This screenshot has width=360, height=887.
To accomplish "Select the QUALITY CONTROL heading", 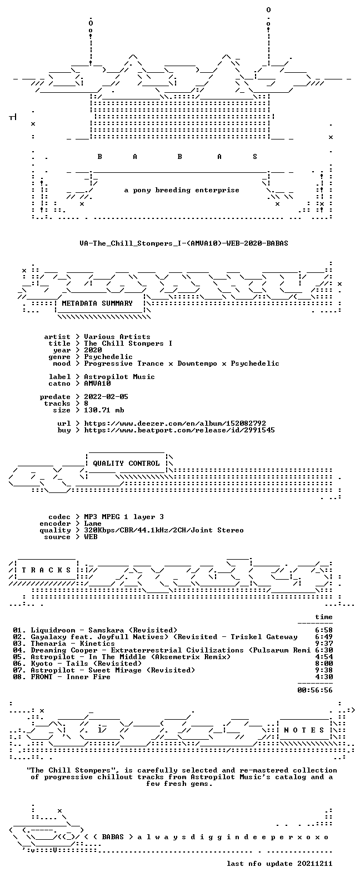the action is (x=126, y=464).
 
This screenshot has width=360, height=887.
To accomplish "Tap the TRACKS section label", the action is (x=46, y=570).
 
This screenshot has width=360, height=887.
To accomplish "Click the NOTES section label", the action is (x=304, y=730).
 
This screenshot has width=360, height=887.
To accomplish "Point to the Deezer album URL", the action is (x=175, y=423).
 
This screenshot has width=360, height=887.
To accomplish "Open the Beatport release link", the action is (x=179, y=430).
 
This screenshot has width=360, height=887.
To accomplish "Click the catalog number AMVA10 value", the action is (x=97, y=383).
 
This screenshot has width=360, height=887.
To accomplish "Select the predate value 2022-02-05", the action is (x=106, y=397).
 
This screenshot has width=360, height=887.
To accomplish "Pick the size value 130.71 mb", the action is (x=104, y=410).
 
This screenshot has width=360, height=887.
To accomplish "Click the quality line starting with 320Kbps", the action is (x=164, y=530).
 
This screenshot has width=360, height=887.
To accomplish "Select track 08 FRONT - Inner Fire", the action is (x=62, y=677).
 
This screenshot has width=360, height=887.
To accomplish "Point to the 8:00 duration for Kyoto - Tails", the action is (x=324, y=663).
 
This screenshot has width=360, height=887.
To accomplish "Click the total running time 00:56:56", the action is (x=315, y=690).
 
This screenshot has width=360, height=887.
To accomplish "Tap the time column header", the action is (x=324, y=616).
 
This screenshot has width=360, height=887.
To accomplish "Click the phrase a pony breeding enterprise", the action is (x=182, y=190).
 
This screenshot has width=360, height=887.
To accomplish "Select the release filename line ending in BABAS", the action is (x=184, y=243).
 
